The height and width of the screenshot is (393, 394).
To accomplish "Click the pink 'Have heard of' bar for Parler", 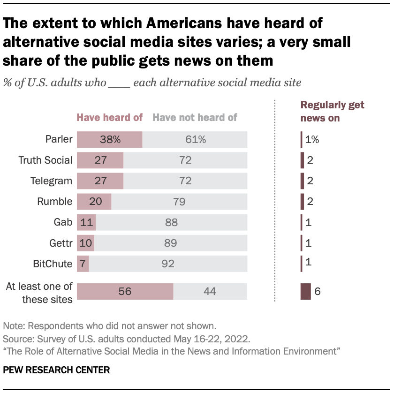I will tap(109, 139).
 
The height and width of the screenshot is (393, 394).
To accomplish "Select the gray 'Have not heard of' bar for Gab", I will tap(171, 222).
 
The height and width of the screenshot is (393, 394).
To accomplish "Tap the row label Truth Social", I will tap(45, 160).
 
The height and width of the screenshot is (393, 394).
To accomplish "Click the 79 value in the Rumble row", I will tap(179, 202).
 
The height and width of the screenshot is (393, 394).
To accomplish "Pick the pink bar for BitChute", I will tap(83, 264).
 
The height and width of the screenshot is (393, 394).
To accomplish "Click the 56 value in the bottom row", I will tap(124, 291).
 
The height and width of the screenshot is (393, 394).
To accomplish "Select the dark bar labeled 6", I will tap(305, 291).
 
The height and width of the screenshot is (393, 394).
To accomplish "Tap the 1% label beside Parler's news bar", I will tap(312, 139).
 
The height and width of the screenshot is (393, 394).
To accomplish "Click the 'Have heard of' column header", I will tap(109, 118).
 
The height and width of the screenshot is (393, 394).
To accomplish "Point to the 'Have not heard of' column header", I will tap(195, 118).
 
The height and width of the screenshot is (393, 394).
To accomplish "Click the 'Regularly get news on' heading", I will tap(332, 112).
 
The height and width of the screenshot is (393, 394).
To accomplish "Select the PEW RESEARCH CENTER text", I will tap(56, 370).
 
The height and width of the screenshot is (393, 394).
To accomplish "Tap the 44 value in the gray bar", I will tap(210, 291).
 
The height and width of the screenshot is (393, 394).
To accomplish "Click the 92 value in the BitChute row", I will tap(167, 264).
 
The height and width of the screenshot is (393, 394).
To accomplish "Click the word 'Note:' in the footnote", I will tap(14, 325).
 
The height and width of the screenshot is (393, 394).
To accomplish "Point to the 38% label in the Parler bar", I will tap(110, 139).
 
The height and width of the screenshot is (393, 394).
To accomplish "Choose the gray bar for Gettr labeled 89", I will tap(170, 243).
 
